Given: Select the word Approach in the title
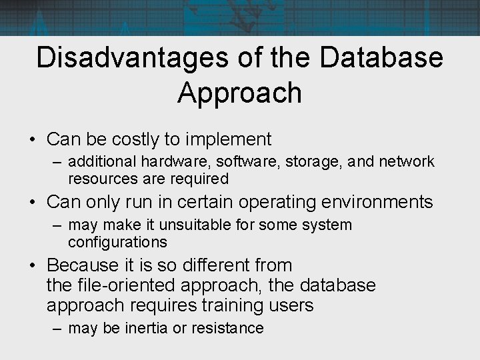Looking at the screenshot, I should (x=240, y=93).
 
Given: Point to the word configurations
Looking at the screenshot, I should (x=117, y=241).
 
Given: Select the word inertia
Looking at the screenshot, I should (x=147, y=328).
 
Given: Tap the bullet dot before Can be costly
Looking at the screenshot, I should (x=32, y=140).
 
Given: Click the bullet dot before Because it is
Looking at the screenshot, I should (x=32, y=266).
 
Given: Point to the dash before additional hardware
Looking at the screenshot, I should (x=57, y=162).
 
